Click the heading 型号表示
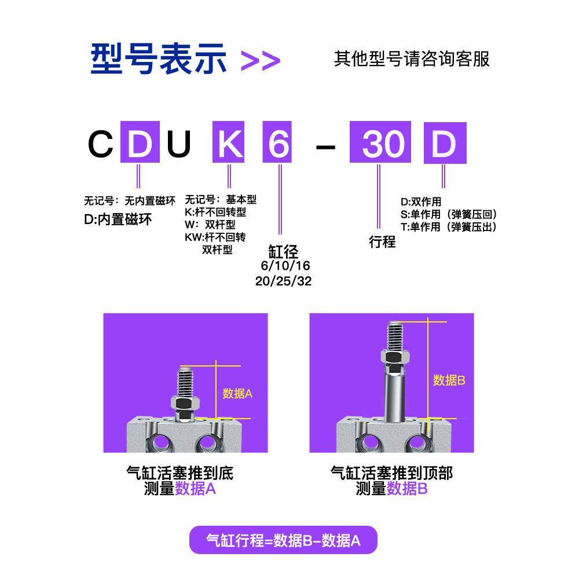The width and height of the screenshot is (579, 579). [x=157, y=58]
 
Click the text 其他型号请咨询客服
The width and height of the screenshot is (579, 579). [x=412, y=59]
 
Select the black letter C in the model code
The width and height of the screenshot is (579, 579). [x=100, y=145]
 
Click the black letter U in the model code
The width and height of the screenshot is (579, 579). [x=178, y=145]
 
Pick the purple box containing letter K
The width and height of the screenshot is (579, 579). [x=229, y=143]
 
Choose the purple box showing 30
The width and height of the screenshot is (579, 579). [x=380, y=143]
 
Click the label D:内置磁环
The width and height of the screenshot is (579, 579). [x=118, y=219]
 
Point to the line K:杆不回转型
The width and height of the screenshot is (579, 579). [x=215, y=212]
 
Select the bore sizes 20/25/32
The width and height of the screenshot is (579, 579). [x=283, y=280]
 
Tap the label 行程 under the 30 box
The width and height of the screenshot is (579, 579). [x=382, y=242]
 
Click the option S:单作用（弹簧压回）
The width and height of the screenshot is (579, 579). [x=449, y=215]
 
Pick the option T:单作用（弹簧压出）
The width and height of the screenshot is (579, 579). [x=449, y=228]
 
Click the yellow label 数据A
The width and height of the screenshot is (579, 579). [x=237, y=394]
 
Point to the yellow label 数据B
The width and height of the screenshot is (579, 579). [x=449, y=380]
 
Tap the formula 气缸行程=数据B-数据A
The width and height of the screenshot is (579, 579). [x=283, y=541]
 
